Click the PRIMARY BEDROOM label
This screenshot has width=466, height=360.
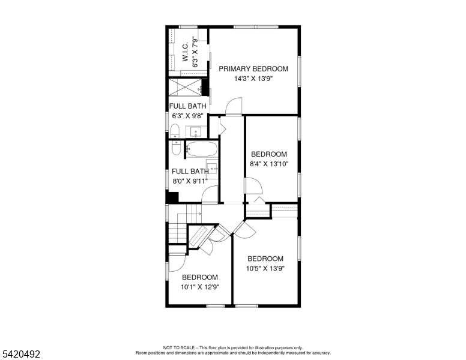[253, 69]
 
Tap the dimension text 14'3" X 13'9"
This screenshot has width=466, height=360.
[253, 79]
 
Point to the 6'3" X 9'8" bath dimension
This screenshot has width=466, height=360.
[187, 116]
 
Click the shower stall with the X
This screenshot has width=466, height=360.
[185, 88]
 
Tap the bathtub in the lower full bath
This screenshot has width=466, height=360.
[202, 149]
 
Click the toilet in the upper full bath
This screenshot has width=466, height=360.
[175, 131]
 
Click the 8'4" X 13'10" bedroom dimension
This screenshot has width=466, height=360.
[269, 164]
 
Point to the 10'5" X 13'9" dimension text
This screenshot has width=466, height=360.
[265, 269]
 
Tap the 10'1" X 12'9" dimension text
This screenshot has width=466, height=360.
[200, 287]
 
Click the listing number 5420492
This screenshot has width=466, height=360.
[21, 354]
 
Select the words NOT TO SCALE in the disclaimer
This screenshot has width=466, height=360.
[179, 347]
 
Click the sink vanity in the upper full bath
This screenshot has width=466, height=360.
[196, 132]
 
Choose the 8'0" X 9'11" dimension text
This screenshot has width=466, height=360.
[190, 181]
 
